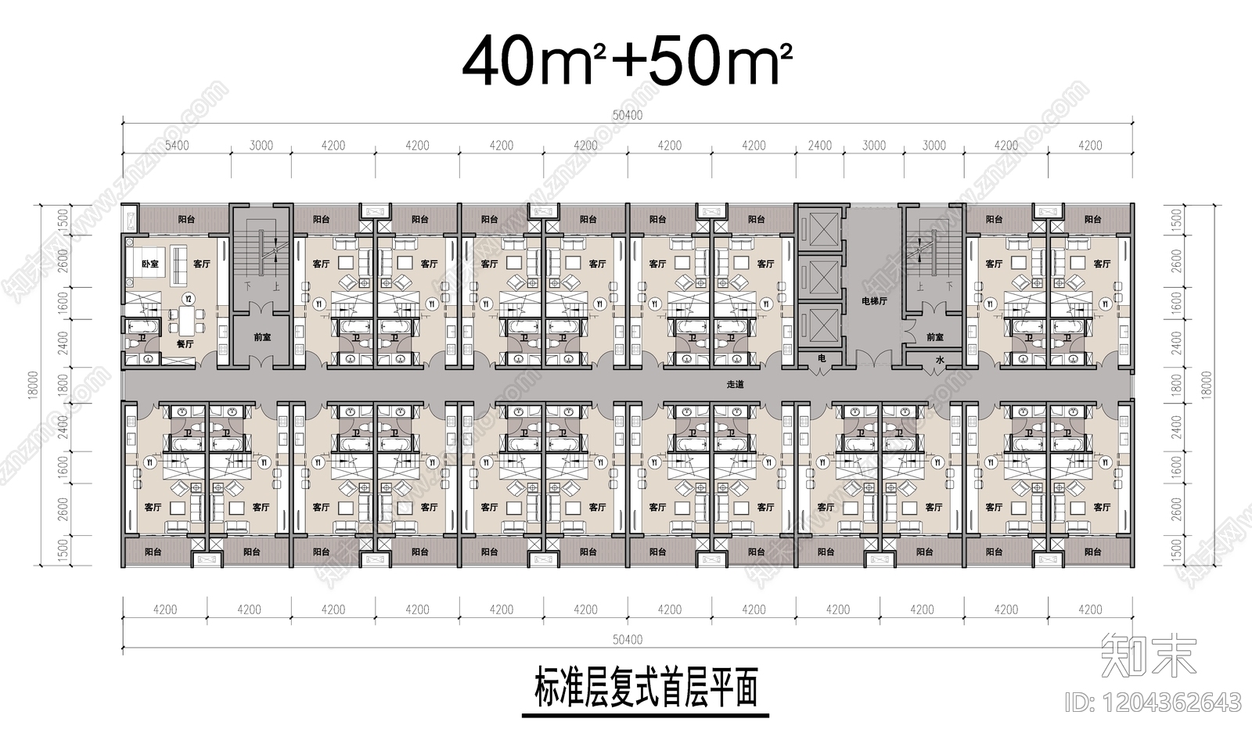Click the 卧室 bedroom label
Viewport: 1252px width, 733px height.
[149, 264]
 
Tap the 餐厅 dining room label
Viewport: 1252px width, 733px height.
[185, 343]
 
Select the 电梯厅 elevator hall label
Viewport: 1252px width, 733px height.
[874, 300]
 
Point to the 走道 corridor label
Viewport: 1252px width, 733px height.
[735, 385]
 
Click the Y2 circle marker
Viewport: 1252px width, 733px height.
[188, 298]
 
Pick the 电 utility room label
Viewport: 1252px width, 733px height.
[821, 358]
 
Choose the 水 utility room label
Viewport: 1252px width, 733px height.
[939, 360]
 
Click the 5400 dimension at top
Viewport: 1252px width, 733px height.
[177, 146]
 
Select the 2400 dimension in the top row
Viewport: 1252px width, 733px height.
[819, 146]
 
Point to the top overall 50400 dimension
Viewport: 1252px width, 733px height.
[627, 116]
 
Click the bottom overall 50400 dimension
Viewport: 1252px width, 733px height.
[627, 640]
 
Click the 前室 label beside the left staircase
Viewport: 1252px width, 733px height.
[262, 338]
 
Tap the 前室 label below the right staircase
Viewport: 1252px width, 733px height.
[934, 338]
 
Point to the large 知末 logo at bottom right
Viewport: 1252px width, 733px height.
[1148, 654]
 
